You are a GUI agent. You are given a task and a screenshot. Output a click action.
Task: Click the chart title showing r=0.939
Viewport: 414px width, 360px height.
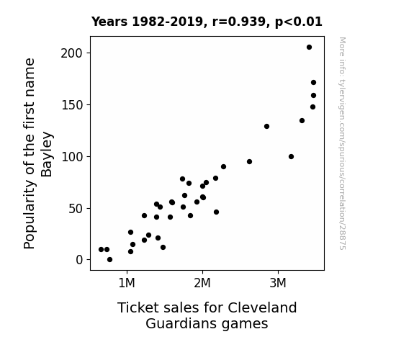[207, 22]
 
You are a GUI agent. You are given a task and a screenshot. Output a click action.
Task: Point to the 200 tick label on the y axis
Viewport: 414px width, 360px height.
[71, 53]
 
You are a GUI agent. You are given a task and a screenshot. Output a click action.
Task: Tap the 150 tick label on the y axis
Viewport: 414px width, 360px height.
[71, 105]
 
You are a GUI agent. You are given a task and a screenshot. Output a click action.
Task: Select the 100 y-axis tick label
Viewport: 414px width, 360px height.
[71, 157]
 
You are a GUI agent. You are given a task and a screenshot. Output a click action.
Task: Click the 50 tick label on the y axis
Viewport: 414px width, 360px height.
[76, 209]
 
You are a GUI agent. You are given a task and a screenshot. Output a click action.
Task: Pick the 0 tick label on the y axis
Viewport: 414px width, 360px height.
[79, 260]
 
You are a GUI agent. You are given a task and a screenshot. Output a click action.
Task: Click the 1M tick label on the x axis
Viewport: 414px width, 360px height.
[127, 283]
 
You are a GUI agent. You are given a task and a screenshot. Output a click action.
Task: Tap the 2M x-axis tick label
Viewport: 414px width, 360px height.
[202, 283]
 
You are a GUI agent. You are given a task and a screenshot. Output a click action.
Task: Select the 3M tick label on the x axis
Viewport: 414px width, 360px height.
[278, 283]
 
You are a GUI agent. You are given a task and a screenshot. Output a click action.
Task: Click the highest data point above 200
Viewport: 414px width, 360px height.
[309, 48]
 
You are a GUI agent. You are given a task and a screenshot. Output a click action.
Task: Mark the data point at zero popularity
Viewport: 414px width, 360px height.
[110, 260]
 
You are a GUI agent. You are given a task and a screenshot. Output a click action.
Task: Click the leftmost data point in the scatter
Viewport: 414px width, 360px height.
[101, 249]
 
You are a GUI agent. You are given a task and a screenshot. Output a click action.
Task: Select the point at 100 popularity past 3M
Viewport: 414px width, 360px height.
[291, 157]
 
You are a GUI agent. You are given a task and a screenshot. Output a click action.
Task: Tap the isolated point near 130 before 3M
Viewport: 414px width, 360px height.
[266, 127]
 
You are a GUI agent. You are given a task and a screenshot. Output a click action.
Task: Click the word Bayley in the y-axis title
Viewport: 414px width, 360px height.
[48, 155]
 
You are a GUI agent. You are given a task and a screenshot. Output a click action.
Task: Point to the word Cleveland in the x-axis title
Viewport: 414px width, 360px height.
[262, 307]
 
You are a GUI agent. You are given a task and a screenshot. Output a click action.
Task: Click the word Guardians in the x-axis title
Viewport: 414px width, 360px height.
[181, 323]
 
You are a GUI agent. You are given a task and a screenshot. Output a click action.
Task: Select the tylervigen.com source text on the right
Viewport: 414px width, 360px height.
[342, 143]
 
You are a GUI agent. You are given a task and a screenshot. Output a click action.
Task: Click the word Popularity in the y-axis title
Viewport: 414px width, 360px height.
[29, 215]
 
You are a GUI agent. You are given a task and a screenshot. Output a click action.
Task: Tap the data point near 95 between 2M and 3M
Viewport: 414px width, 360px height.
[250, 162]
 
